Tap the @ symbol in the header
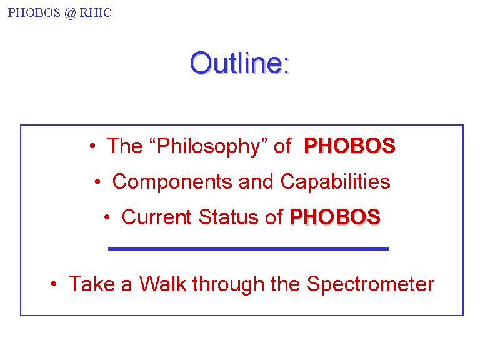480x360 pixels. point(70,13)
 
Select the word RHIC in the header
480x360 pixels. point(96,13)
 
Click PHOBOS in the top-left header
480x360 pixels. point(34,13)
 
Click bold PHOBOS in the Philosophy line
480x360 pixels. point(349,146)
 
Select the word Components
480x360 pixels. point(172,182)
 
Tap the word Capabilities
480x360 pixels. point(336,181)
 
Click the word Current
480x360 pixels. point(157,217)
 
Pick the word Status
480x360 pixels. point(228,217)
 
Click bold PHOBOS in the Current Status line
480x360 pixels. point(335,217)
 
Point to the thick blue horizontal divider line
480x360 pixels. point(248,249)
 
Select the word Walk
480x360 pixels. point(163,284)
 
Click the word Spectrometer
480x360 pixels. point(371,284)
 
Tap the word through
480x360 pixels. point(228,284)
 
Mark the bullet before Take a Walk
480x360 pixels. point(54,284)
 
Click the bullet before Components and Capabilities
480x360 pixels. point(97,181)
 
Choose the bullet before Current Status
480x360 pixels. point(107,217)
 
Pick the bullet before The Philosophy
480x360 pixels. point(92,146)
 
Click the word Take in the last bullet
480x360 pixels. point(91,284)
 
